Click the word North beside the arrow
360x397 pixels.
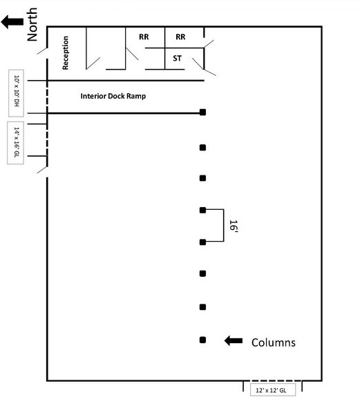32,24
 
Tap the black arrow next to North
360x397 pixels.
12,22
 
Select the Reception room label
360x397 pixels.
66,52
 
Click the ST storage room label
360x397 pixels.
177,59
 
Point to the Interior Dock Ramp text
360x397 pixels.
113,96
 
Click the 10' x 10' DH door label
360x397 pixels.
17,90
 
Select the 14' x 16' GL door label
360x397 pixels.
17,142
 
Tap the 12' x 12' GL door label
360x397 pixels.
271,390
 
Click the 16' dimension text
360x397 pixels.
233,226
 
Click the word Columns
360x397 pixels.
274,342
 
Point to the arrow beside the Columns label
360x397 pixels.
234,341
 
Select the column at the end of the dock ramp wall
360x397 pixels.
202,112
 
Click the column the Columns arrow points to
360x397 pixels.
202,340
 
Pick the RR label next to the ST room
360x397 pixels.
180,37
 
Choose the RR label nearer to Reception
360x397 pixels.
144,37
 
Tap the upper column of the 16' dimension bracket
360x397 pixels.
202,210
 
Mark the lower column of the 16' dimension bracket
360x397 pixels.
202,242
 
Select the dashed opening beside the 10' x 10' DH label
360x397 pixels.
47,97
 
